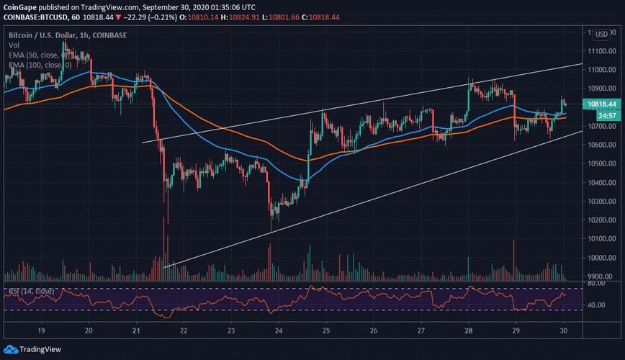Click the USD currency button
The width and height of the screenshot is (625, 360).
coord(600,33)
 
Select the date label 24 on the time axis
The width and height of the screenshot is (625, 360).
coord(279,330)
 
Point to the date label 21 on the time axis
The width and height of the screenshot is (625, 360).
coord(136,330)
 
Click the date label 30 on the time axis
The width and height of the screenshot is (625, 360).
coord(564,330)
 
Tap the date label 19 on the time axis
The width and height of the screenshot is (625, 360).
coord(41,330)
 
